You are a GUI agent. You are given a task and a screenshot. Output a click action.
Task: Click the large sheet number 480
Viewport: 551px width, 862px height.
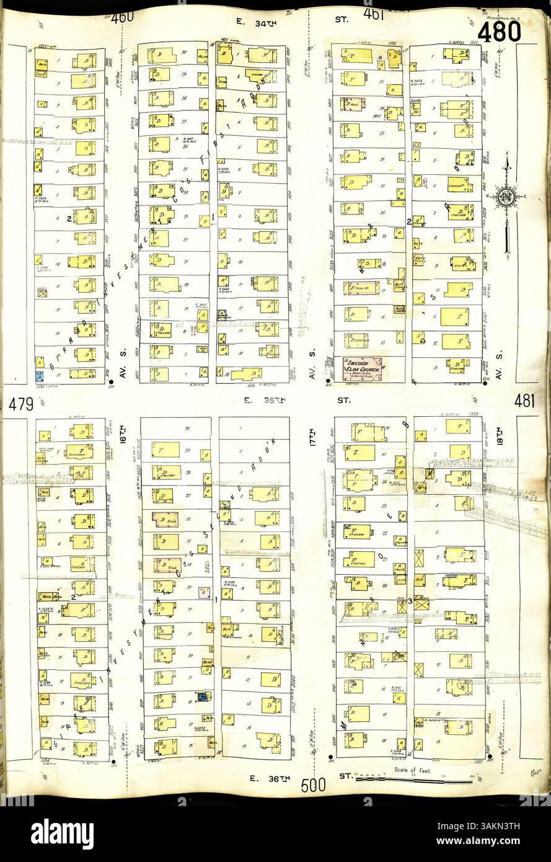[x=498, y=31]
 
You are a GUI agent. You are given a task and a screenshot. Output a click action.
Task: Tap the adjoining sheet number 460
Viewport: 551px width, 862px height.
[x=123, y=17]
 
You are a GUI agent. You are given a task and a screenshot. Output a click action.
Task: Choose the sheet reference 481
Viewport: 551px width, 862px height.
[x=524, y=401]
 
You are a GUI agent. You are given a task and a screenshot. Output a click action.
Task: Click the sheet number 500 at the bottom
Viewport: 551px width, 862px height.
[x=314, y=785]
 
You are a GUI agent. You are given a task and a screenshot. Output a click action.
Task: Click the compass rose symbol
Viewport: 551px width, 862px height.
[x=507, y=197]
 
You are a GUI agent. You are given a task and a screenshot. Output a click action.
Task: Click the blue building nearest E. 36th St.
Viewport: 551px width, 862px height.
[x=203, y=697]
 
